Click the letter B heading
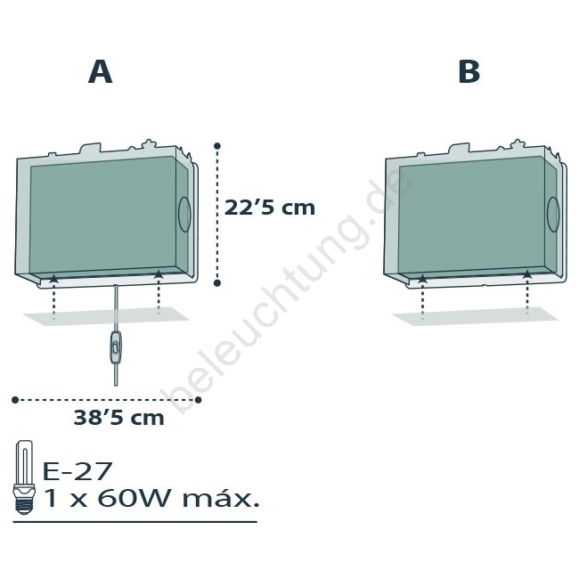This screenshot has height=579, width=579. (469, 71)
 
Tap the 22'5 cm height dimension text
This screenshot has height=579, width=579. (270, 208)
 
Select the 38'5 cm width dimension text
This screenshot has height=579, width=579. (118, 418)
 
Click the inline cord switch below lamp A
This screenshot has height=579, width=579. (116, 347)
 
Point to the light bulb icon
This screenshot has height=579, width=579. (24, 477)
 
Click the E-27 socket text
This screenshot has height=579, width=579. (77, 471)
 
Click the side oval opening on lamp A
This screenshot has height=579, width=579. (184, 215)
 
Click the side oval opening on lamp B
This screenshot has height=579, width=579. (553, 214)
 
